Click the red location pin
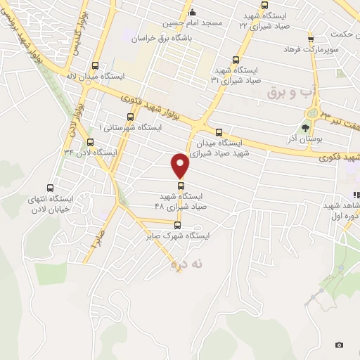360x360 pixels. [181, 165]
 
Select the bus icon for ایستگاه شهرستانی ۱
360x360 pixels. [129, 117]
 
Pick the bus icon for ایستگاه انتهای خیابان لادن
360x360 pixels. [49, 188]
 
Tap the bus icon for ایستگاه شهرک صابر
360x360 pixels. [176, 226]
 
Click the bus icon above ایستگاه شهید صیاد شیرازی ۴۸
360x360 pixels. [181, 186]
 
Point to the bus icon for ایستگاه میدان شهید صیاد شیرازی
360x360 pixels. [219, 132]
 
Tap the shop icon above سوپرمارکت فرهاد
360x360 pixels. [310, 38]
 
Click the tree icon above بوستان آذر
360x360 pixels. [304, 128]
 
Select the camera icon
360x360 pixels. [340, 345]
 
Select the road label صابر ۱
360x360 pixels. [96, 239]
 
